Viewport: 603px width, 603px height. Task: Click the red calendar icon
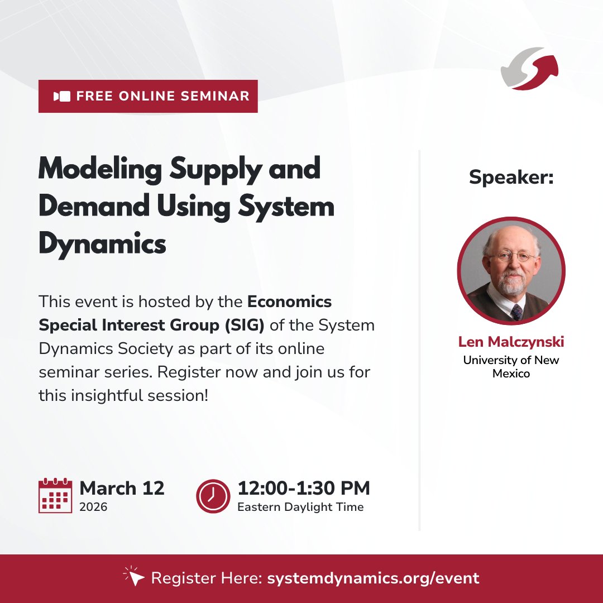[55, 496]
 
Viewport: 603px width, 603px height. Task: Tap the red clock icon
[213, 496]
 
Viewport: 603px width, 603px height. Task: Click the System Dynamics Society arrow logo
[529, 68]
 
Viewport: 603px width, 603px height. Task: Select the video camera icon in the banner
[62, 96]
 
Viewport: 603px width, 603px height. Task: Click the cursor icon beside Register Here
[133, 577]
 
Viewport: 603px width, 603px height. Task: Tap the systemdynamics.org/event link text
[373, 578]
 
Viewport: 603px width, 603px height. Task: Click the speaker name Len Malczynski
[511, 342]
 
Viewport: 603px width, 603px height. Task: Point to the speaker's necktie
[516, 311]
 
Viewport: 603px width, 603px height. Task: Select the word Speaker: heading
[511, 177]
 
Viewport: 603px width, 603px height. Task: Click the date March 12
[122, 488]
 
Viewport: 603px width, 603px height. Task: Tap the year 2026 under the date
[93, 507]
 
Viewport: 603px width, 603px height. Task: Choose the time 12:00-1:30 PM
[303, 488]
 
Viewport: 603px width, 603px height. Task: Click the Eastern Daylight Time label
[300, 507]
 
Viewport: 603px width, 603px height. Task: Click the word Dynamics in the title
[102, 244]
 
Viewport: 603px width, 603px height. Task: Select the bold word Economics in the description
[289, 301]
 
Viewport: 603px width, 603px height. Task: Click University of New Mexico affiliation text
[511, 366]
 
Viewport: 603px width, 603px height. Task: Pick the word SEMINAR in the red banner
[214, 96]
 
